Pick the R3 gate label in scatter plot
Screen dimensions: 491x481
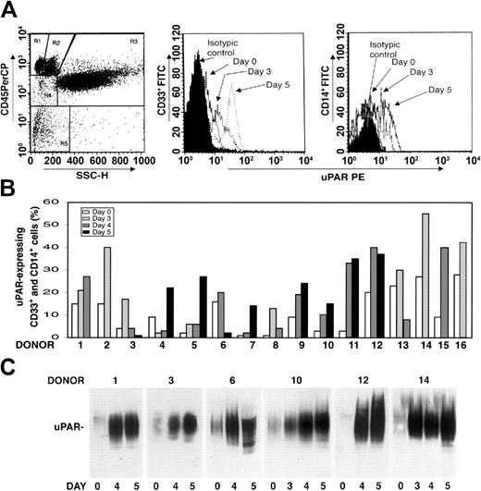(x=132, y=42)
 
